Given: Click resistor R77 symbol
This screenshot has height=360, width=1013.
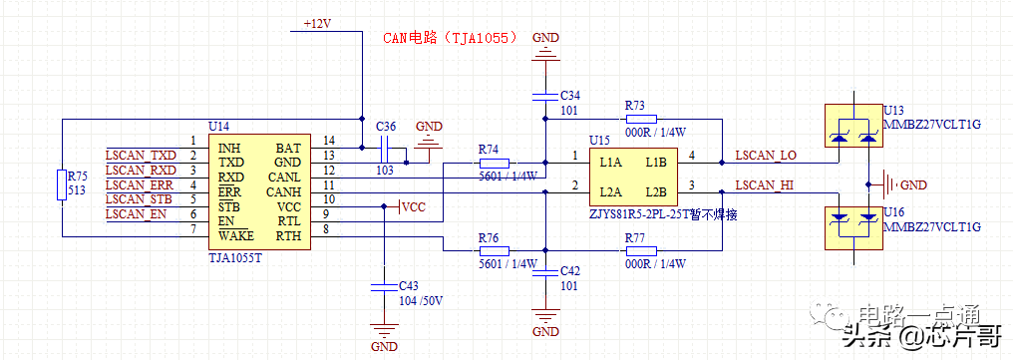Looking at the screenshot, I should click(x=633, y=250).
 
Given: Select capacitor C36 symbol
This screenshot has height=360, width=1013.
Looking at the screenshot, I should click(x=385, y=149).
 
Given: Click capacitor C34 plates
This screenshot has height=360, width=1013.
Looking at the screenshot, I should click(x=544, y=95).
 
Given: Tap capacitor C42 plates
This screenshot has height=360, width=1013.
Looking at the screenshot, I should click(x=544, y=280).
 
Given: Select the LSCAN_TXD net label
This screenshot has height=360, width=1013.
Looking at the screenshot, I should click(x=141, y=156).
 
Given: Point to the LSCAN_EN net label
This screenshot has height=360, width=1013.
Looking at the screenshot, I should click(x=136, y=214).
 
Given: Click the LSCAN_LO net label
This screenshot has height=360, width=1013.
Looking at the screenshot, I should click(x=766, y=156).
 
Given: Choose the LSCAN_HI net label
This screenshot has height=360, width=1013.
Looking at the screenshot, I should click(x=765, y=185).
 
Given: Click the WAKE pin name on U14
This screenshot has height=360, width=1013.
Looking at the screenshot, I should click(x=236, y=236).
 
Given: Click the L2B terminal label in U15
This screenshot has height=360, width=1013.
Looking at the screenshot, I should click(x=655, y=191).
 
